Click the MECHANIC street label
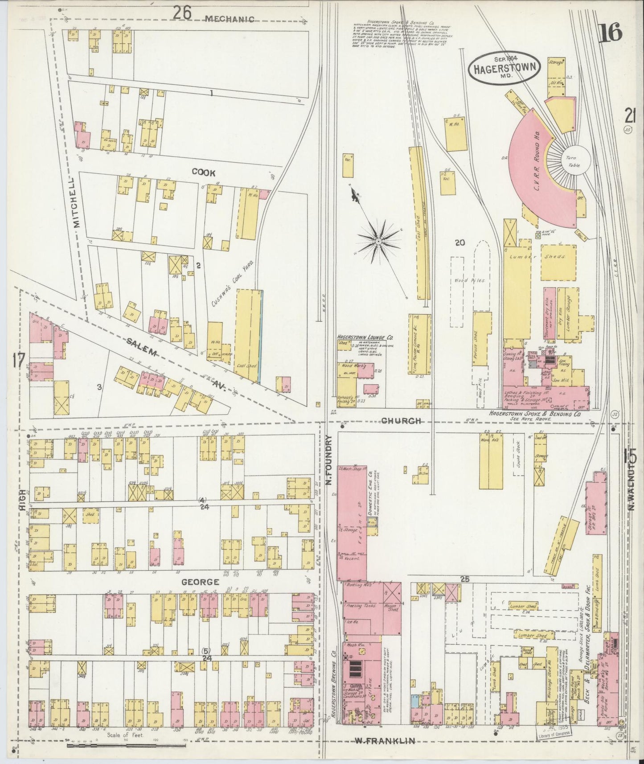pos(230,19)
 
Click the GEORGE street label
pos(200,582)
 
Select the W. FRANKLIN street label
pos(385,741)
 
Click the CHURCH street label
pos(401,420)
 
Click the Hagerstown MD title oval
pos(505,67)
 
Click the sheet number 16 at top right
pos(610,33)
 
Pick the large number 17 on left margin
pos(18,361)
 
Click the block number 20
pos(460,242)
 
